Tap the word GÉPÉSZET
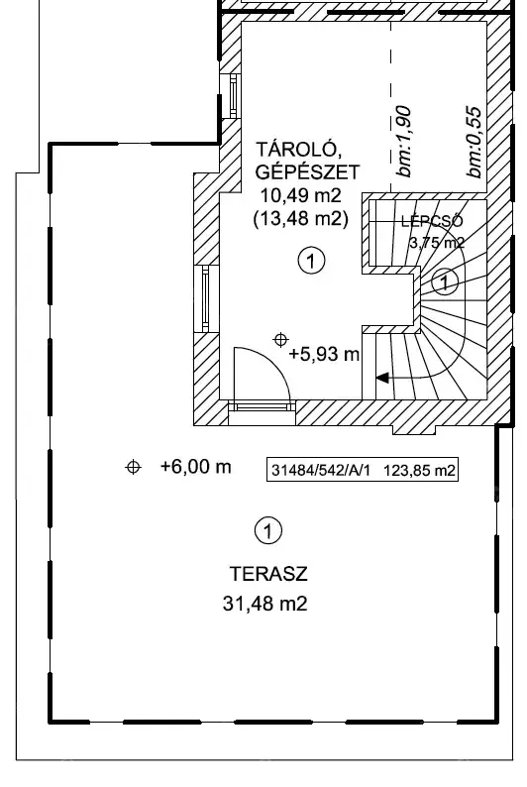click(x=307, y=172)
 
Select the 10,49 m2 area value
click(x=301, y=195)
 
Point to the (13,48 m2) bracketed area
click(x=301, y=218)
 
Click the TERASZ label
click(x=268, y=574)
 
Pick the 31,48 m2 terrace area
click(x=264, y=604)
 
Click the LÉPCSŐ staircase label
click(x=432, y=221)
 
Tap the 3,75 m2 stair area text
click(x=437, y=243)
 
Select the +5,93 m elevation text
click(x=325, y=355)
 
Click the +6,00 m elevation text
click(x=195, y=467)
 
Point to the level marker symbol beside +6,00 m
click(x=133, y=467)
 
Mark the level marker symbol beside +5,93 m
click(x=280, y=340)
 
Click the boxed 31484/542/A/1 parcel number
click(x=320, y=471)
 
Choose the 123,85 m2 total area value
click(x=419, y=471)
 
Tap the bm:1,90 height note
click(x=404, y=141)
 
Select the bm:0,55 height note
click(x=474, y=141)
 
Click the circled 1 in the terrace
click(x=268, y=530)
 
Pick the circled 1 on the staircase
click(x=444, y=281)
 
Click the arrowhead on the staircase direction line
click(x=382, y=378)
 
